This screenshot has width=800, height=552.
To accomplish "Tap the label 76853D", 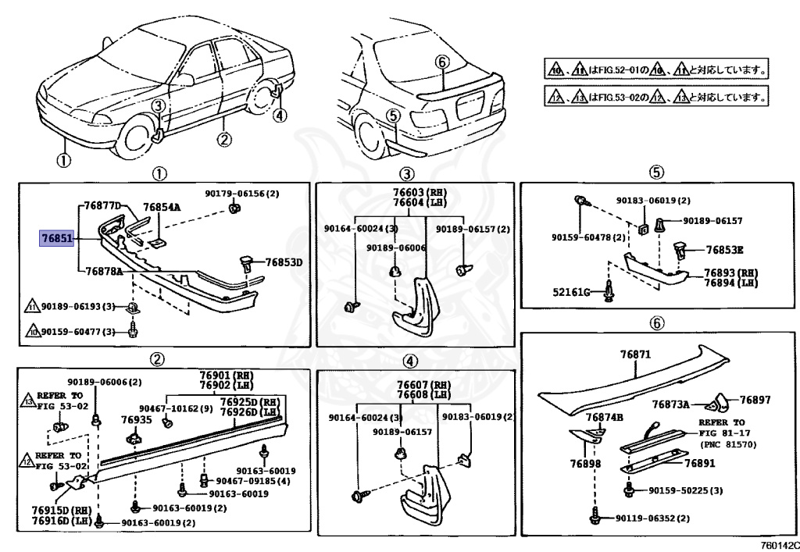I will pos(283,262).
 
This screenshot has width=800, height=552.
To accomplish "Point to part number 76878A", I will pos(104,271).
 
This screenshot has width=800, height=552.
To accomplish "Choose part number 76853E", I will pos(724,250).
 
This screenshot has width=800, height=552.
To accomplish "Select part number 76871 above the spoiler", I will pos(635,354).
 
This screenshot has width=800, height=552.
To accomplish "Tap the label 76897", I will pos(755,400).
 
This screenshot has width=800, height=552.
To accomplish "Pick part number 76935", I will pos(136,419).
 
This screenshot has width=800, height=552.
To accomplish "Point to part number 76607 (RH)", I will pos(423,386).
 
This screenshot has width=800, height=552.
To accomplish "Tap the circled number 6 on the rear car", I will pos(441,61).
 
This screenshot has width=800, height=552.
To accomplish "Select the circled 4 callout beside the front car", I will pos(280,115).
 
